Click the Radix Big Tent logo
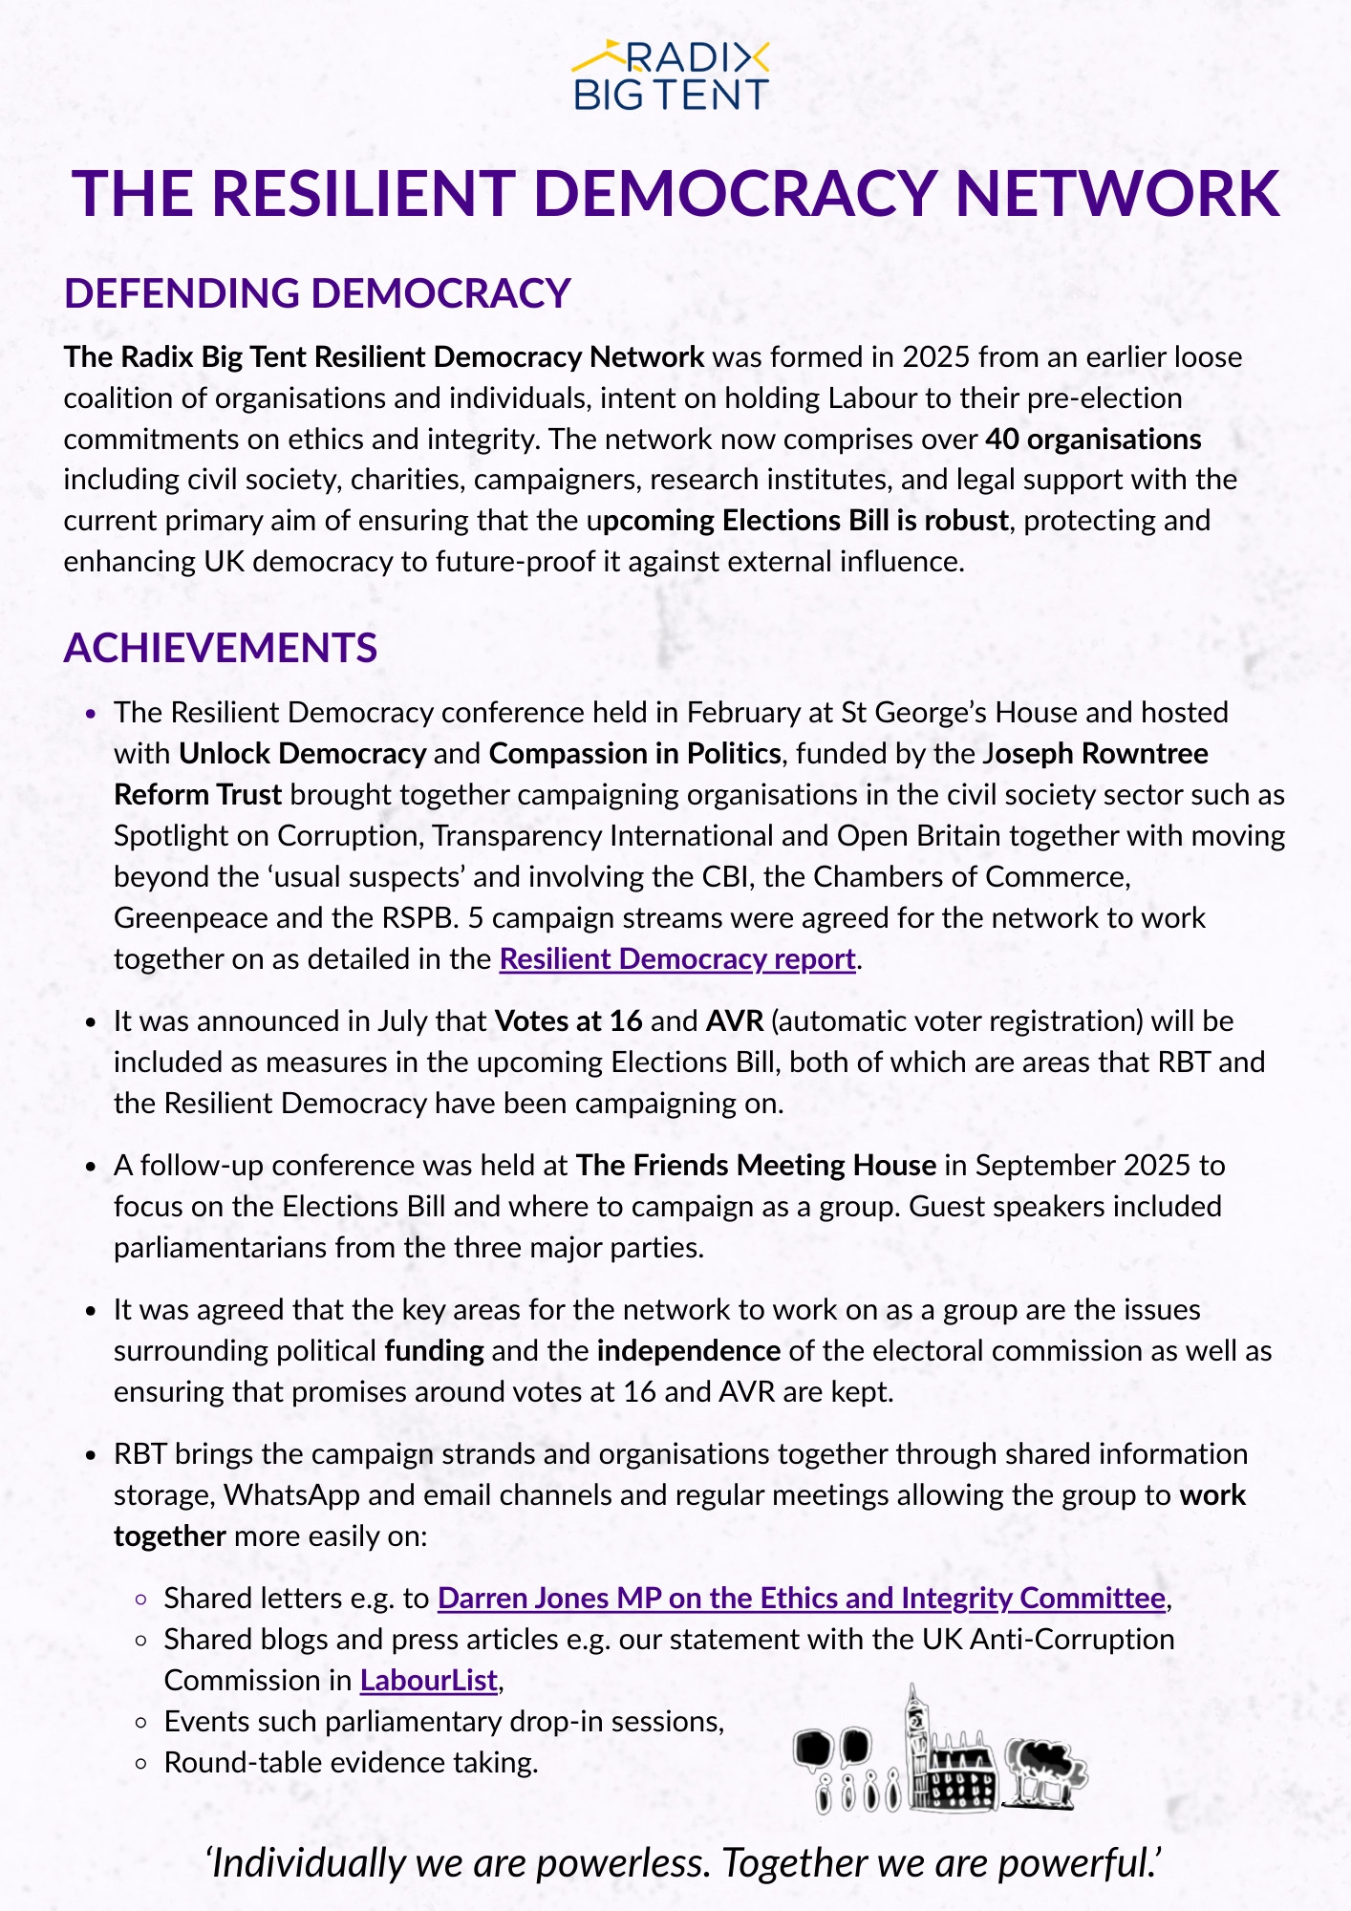671,75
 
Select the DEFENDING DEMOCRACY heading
317,293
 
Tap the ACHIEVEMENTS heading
221,648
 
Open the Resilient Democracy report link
676,958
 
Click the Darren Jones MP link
801,1598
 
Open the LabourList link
429,1680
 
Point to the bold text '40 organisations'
1093,439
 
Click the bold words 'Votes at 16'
568,1020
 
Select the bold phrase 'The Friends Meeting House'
755,1165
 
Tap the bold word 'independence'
689,1350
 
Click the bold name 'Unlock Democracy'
302,753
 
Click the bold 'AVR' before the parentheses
735,1020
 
